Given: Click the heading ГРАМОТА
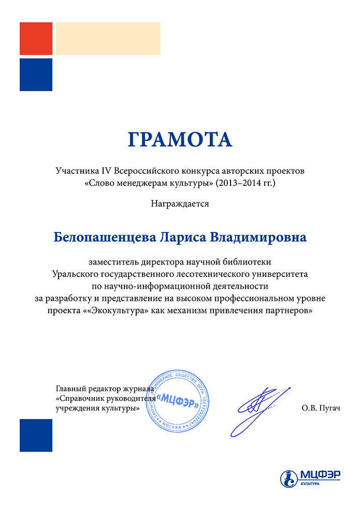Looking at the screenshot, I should (180, 140).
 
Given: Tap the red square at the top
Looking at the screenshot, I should (36, 38).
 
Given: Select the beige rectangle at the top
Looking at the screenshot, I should (108, 38).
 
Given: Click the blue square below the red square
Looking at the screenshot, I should (36, 75).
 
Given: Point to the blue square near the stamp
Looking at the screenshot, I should (36, 435).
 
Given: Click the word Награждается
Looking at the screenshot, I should (180, 203).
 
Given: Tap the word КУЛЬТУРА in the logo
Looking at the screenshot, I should (309, 484).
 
